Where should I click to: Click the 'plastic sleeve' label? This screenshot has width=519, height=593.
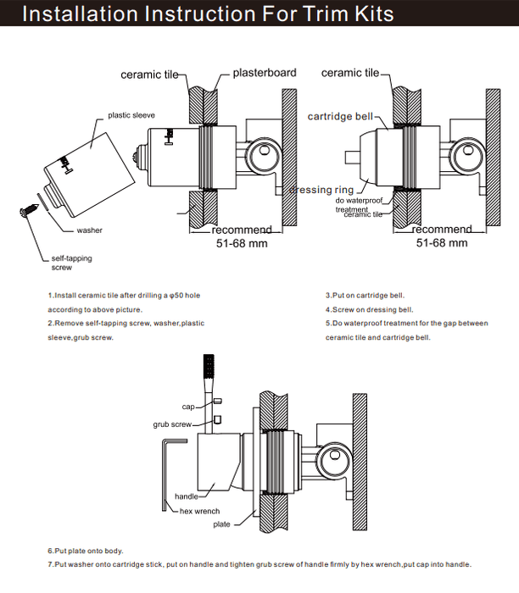point(131,114)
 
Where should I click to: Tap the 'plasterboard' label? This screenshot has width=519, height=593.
point(265,74)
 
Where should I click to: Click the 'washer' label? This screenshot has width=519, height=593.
point(89,230)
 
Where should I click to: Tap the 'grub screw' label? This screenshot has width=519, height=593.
point(170,423)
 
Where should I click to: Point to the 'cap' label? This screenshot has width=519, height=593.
point(188,407)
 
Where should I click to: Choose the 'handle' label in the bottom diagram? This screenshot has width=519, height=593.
point(186,496)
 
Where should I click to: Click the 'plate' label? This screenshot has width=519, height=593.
point(220,525)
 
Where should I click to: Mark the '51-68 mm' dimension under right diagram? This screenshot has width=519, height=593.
point(442,243)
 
